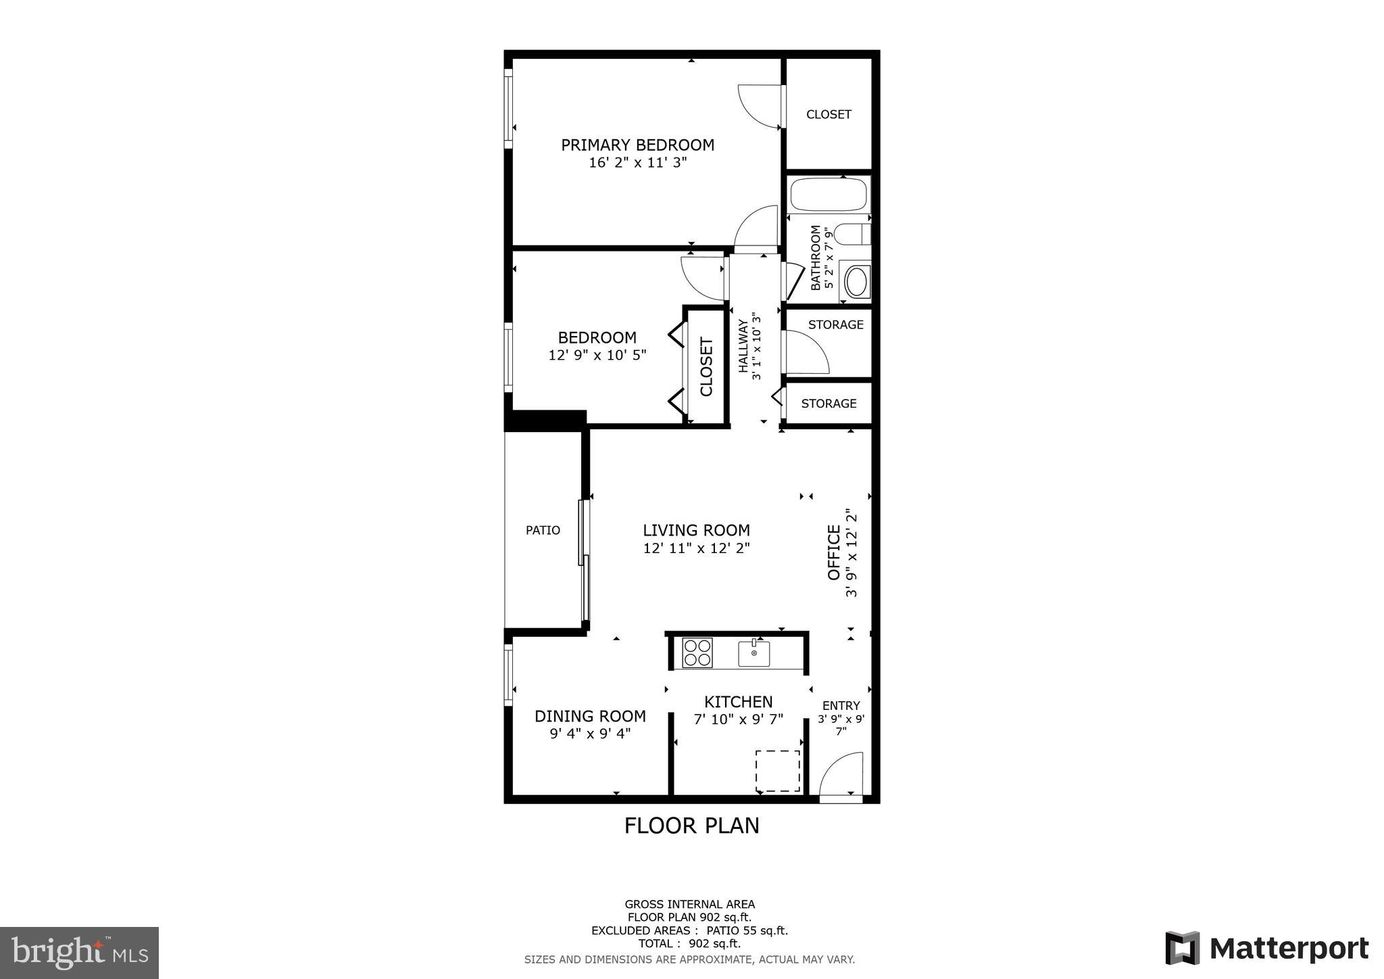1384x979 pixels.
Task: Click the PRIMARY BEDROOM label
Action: pyautogui.click(x=637, y=145)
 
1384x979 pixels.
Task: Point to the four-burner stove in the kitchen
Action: pyautogui.click(x=697, y=652)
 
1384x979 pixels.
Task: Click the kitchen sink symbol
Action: pyautogui.click(x=753, y=653)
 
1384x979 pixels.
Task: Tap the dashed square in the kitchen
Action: pyautogui.click(x=777, y=770)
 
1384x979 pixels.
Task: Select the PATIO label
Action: pyautogui.click(x=543, y=531)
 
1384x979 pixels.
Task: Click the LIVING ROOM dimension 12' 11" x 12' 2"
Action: pyautogui.click(x=696, y=548)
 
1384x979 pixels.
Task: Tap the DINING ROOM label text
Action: pyautogui.click(x=590, y=716)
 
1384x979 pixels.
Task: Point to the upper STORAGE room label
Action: pyautogui.click(x=836, y=325)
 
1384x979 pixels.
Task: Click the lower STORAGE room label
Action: pyautogui.click(x=829, y=404)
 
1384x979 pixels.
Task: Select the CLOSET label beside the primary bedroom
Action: pyautogui.click(x=829, y=114)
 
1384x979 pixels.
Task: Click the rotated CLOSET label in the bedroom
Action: pyautogui.click(x=707, y=367)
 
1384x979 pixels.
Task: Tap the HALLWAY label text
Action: pyautogui.click(x=743, y=346)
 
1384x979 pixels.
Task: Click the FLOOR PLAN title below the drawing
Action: pyautogui.click(x=691, y=826)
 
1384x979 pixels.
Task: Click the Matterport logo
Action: pyautogui.click(x=1267, y=949)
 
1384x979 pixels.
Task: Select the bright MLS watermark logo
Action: pyautogui.click(x=80, y=953)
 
